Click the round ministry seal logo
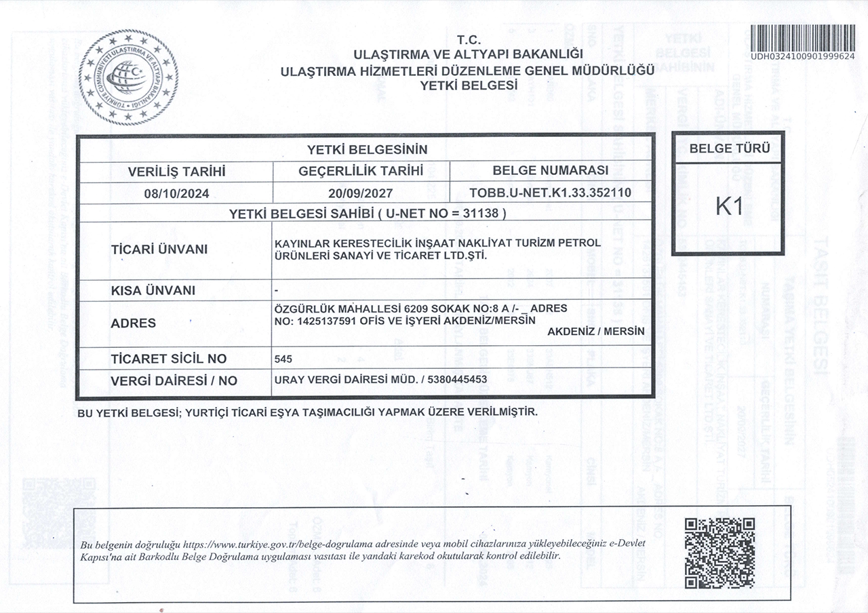click(x=128, y=77)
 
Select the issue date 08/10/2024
click(x=176, y=193)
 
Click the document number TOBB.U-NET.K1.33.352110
click(x=550, y=193)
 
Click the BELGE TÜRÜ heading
click(x=729, y=149)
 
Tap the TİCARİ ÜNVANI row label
click(x=159, y=250)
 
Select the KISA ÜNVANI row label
click(x=153, y=291)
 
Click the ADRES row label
click(x=133, y=323)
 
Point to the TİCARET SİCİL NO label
click(x=168, y=359)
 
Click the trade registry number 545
click(x=283, y=359)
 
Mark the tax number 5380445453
click(x=456, y=380)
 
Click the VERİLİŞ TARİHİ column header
click(x=176, y=172)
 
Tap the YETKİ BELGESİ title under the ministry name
click(x=469, y=85)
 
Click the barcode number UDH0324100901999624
click(x=802, y=56)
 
